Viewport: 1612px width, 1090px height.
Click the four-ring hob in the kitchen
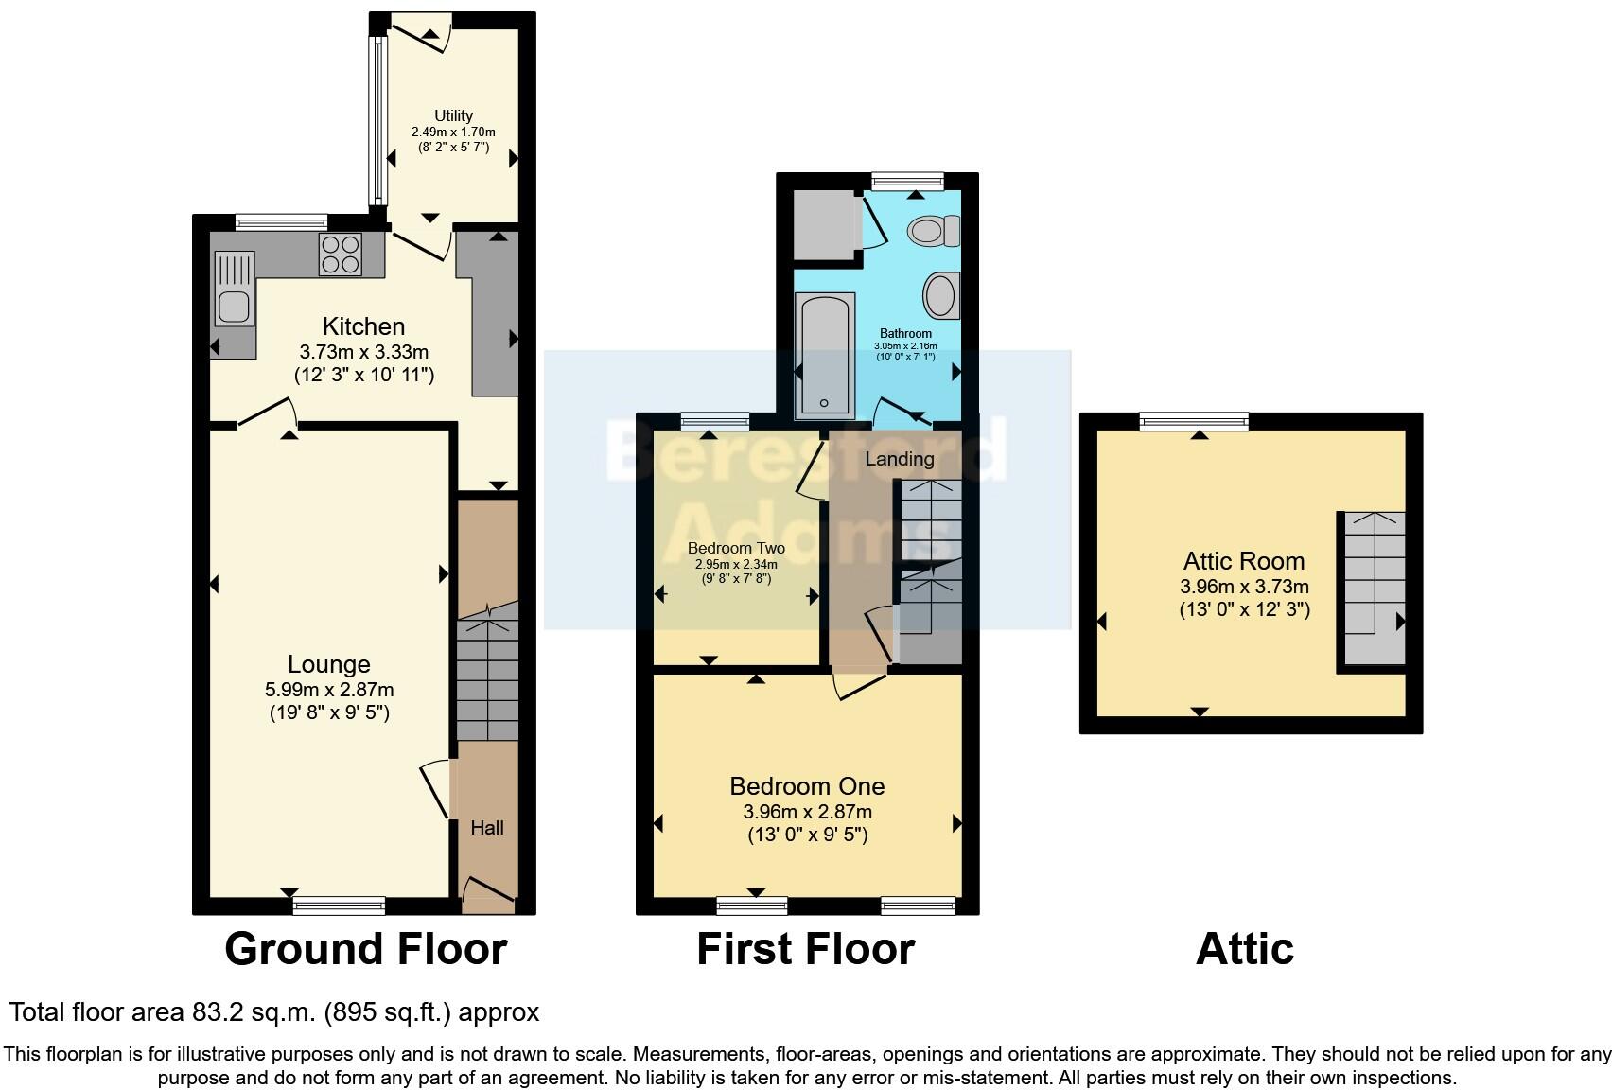click(341, 255)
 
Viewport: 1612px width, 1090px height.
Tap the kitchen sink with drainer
click(234, 288)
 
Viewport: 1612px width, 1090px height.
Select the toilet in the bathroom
click(934, 231)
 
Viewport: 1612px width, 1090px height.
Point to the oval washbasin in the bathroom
click(941, 295)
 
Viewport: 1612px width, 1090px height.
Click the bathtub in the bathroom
click(825, 356)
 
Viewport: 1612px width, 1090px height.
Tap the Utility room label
click(453, 115)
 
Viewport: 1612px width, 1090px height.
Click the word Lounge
click(329, 664)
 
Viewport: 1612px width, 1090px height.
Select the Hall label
click(487, 828)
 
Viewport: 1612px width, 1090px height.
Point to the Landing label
click(900, 459)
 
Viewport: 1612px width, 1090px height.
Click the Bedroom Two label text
click(736, 548)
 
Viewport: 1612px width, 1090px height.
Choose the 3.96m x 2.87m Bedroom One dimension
click(808, 812)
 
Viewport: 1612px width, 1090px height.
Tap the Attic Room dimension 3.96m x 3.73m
click(1244, 587)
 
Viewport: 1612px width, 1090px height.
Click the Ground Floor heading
click(366, 948)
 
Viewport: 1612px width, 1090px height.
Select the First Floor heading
click(806, 948)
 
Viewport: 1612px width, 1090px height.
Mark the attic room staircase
click(1375, 588)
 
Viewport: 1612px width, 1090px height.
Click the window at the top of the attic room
click(1194, 421)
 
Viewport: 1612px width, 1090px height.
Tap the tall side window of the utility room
click(377, 120)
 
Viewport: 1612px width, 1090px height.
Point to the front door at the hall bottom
click(489, 895)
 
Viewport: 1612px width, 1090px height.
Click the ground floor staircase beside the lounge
click(488, 672)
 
